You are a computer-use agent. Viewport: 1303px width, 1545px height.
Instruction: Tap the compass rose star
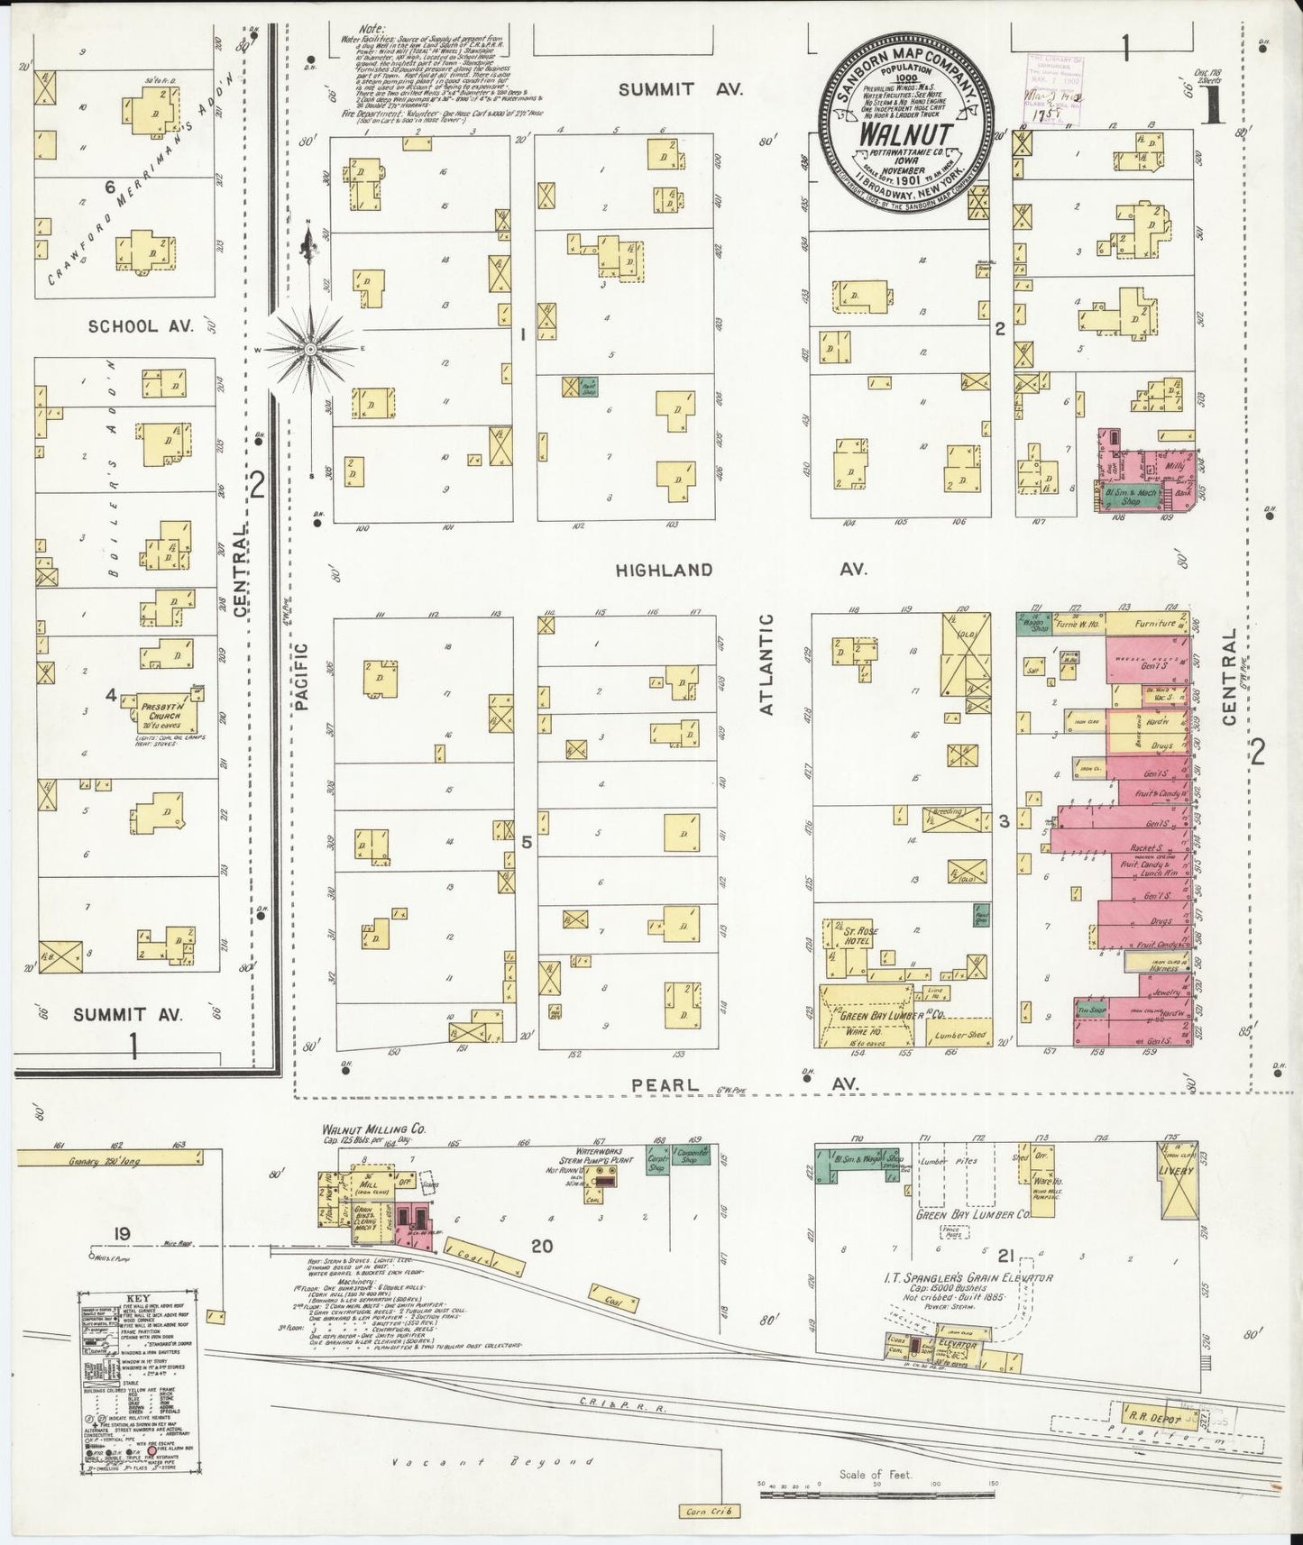tap(310, 347)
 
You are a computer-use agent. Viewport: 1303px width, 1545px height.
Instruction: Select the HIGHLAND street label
tap(665, 570)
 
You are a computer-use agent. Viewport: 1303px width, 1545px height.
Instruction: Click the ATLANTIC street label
tap(767, 664)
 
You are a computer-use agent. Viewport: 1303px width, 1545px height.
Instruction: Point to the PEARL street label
tap(665, 1085)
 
